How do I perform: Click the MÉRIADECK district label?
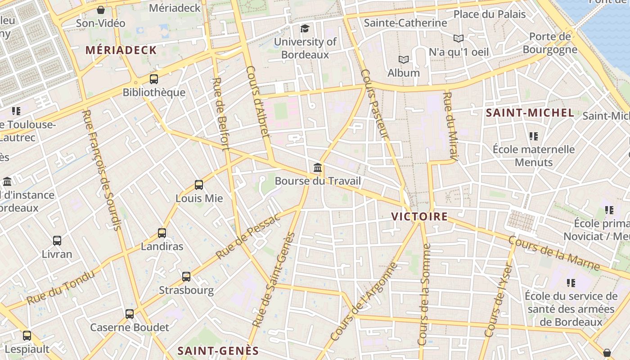121,50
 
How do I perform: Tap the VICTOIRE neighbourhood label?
419,216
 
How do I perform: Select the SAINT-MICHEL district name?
530,113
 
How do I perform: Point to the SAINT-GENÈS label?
218,351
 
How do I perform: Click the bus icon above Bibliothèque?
154,79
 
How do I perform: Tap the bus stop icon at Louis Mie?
199,184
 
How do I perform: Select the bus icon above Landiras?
162,233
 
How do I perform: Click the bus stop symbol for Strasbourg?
186,277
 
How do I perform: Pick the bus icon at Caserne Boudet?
130,314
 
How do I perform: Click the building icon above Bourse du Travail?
318,168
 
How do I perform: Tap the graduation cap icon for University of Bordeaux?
305,29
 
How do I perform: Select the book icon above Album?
404,59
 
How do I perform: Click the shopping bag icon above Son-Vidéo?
101,9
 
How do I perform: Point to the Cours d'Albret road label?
258,101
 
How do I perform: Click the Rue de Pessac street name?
248,235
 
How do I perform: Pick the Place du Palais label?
489,14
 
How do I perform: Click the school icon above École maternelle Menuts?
534,136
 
